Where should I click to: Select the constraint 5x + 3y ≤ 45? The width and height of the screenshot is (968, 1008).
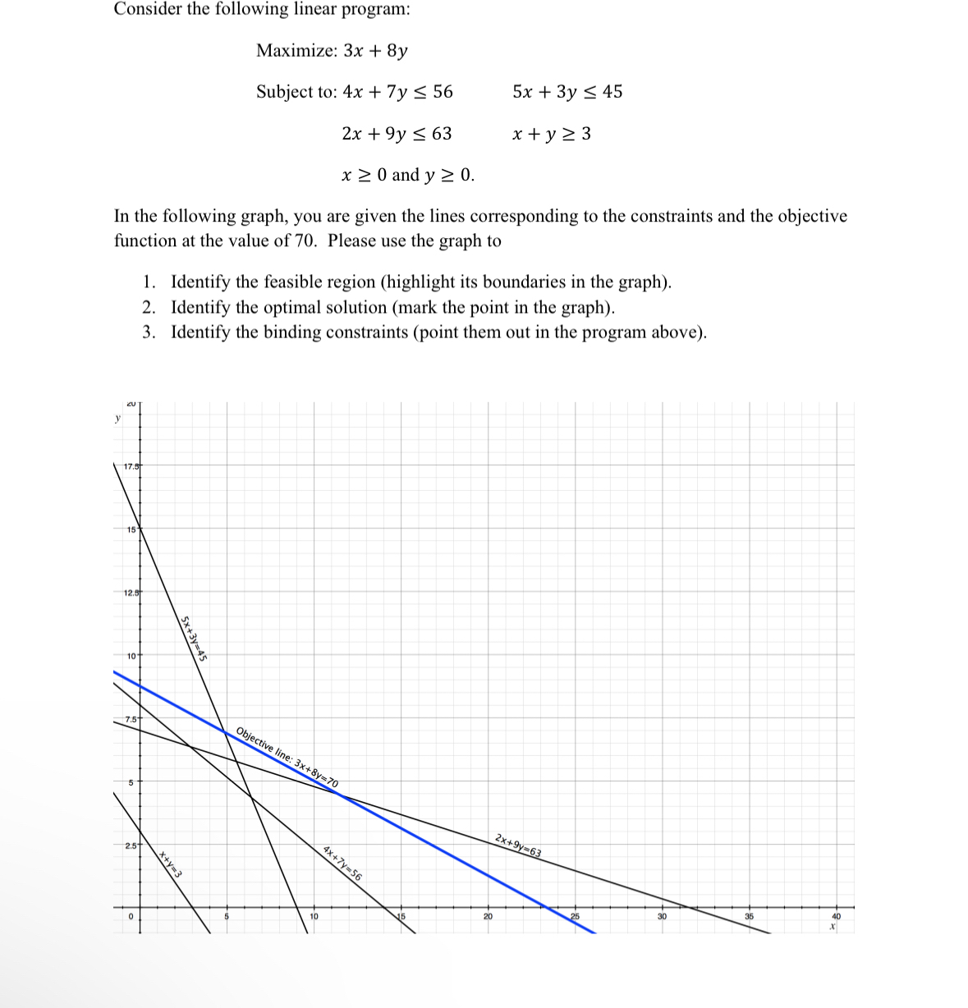567,92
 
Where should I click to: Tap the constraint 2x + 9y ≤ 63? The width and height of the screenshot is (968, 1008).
397,134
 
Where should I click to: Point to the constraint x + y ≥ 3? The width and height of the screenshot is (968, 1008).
551,134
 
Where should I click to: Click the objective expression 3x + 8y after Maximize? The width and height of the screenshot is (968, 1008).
375,51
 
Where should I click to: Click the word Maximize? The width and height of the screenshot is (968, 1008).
296,51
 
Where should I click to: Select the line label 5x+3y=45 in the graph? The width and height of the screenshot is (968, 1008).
194,638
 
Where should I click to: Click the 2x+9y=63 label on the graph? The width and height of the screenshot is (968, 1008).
518,845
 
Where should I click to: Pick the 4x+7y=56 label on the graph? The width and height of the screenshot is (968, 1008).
342,862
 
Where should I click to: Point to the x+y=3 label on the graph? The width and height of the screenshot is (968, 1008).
170,865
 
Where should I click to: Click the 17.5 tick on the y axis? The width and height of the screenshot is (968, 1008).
130,467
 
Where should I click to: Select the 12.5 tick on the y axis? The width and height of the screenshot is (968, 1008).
130,593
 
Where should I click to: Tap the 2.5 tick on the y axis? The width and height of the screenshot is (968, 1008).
130,845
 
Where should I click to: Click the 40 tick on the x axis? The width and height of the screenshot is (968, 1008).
836,916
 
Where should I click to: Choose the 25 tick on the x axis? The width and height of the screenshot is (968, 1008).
575,916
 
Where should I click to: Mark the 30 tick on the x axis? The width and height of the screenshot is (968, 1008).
662,916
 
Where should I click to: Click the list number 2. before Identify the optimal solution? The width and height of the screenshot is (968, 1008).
149,308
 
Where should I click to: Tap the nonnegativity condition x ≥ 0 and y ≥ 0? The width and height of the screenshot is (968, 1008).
407,175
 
